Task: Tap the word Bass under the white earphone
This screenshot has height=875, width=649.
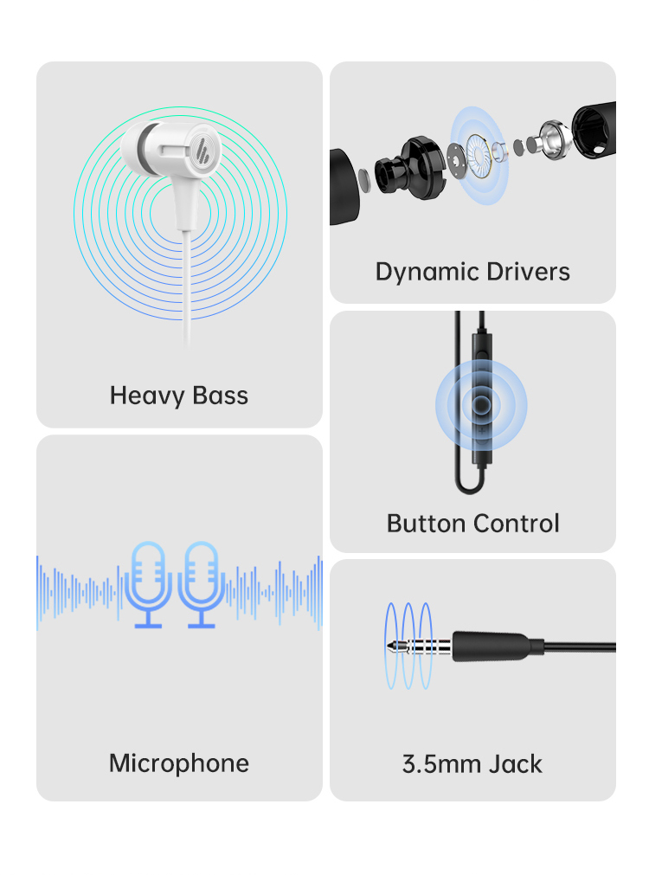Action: coord(220,396)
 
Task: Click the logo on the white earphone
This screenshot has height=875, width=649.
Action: coord(206,149)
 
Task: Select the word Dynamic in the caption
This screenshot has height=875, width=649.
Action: coord(421,272)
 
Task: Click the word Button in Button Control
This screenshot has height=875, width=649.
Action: coord(425,524)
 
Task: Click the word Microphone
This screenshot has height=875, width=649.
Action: coord(179,763)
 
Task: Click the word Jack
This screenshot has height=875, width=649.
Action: coord(515,765)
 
